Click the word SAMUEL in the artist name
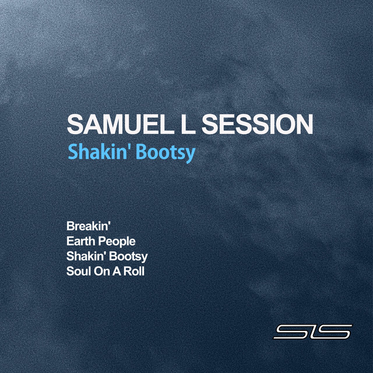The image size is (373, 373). coord(121,125)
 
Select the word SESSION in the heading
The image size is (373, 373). coord(257,125)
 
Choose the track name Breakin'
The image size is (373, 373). coord(88,226)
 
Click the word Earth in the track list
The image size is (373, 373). coord(80,241)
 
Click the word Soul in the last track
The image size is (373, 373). coord(78,271)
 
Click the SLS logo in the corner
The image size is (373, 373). coord(313,332)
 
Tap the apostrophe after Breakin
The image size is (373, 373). coord(108,224)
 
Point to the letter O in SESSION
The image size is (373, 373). coord(286,125)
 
